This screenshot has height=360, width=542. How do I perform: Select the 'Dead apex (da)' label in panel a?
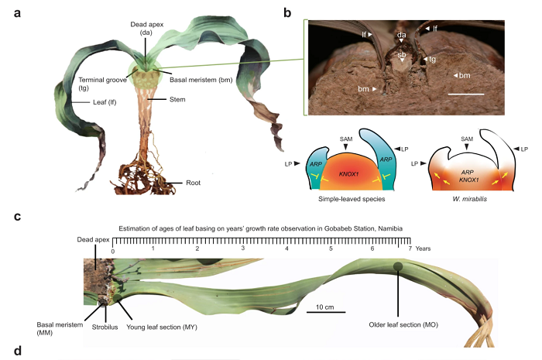(x=146, y=28)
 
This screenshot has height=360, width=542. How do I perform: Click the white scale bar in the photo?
(x=466, y=94)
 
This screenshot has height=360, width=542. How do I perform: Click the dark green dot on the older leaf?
(x=398, y=268)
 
